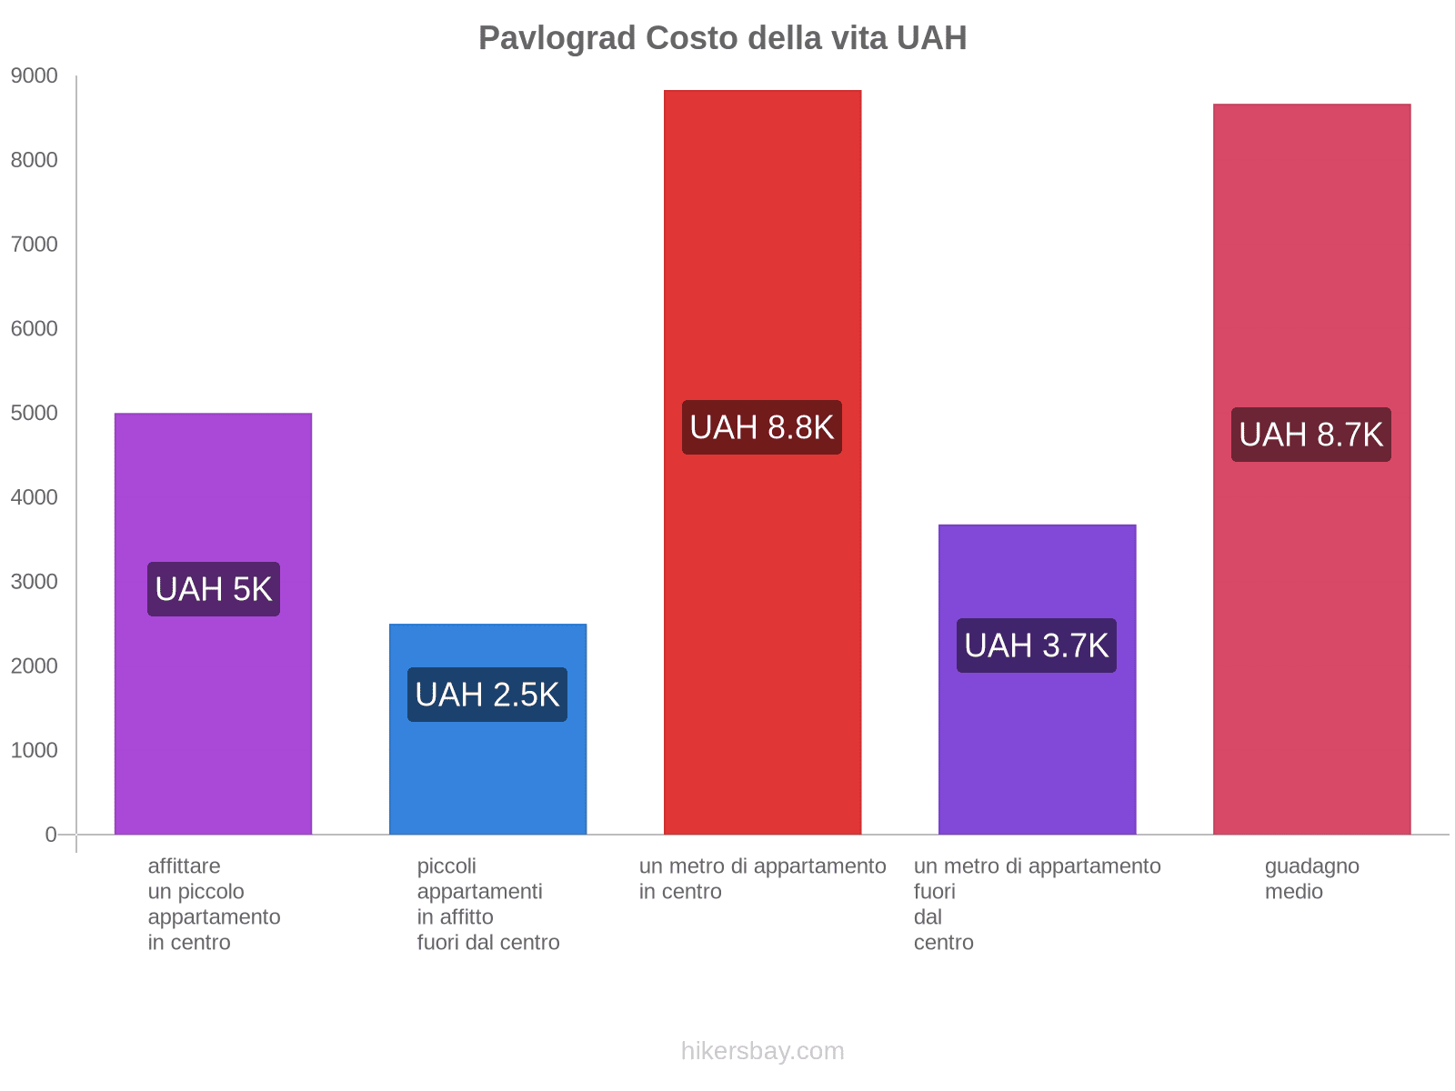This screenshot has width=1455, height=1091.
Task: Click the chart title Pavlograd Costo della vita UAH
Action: [722, 38]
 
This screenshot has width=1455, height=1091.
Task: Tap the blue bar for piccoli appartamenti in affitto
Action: [487, 773]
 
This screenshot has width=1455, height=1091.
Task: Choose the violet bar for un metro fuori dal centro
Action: [1037, 746]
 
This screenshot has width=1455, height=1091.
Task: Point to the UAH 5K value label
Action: [214, 589]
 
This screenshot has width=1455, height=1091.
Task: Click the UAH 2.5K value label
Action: [487, 695]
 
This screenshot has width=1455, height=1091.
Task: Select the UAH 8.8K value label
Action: [762, 427]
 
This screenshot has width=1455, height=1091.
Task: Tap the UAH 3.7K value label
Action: [1037, 646]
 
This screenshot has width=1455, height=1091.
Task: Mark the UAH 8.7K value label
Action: [1311, 435]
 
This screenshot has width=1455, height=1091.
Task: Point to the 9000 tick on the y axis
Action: [35, 76]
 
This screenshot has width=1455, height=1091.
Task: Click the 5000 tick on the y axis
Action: [35, 414]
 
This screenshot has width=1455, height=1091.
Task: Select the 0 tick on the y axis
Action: [51, 835]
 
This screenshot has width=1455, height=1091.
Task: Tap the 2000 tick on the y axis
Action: [35, 666]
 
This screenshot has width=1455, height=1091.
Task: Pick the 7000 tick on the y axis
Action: [35, 245]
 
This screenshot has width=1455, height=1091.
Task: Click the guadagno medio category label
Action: [1311, 878]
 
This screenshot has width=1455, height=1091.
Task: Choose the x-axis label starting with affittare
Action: [214, 904]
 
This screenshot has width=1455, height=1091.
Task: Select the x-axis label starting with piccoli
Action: [487, 904]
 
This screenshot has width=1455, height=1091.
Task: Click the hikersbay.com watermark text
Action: [762, 1051]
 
